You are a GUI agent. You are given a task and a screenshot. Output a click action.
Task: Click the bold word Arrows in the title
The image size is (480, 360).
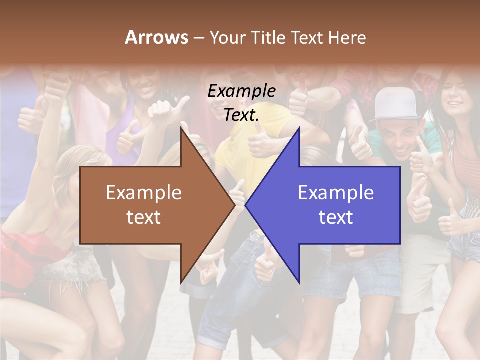156,37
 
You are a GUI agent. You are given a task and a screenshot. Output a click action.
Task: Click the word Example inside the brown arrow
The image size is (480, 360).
144,193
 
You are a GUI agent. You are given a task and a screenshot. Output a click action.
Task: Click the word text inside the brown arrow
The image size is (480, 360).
144,217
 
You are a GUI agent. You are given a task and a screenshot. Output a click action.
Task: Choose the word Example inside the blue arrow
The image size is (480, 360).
336,193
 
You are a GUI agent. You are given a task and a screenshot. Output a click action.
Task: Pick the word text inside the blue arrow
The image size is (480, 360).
336,217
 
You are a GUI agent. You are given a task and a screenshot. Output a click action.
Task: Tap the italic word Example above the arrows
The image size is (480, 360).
241,91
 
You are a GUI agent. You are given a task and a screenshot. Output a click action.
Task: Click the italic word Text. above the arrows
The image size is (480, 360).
241,115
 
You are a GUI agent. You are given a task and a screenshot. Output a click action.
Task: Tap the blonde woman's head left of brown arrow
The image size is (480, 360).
75,165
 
